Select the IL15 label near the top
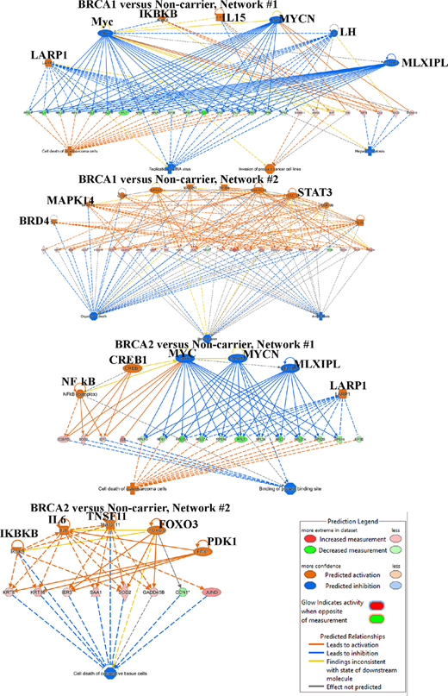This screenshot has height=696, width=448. [233, 17]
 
